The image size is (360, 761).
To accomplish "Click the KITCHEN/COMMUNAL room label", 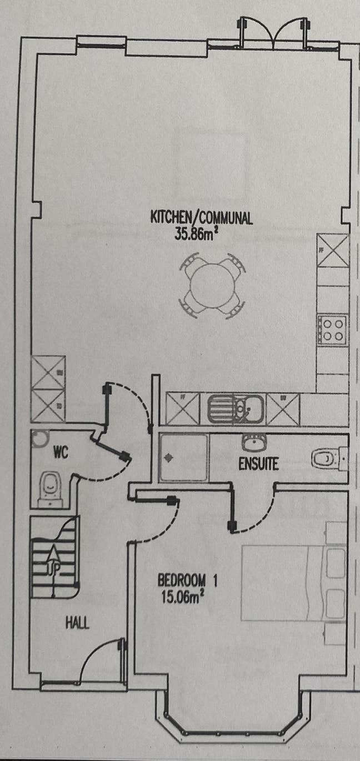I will [202, 217].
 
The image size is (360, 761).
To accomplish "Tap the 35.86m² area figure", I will [196, 233].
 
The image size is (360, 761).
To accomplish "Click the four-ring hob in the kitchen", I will [332, 328].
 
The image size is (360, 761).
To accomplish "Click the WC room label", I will [61, 452].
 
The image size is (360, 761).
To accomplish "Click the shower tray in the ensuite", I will [184, 457].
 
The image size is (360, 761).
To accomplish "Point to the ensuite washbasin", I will [254, 442].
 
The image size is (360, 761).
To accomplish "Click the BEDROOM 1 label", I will [188, 581].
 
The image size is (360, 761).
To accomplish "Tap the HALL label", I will [78, 623].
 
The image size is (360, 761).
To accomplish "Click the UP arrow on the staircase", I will [53, 558].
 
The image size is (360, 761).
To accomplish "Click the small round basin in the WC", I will [39, 438].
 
